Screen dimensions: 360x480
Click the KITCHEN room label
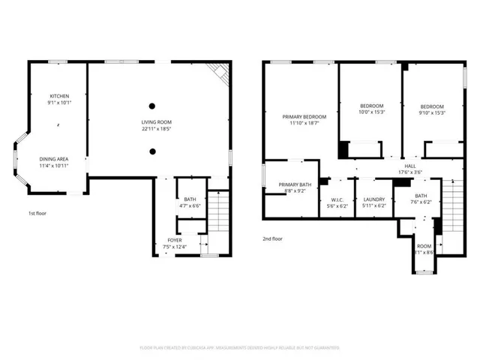[59, 96]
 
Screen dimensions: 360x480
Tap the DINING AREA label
[54, 159]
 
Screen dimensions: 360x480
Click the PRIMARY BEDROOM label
[304, 117]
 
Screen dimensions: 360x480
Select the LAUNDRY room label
[373, 199]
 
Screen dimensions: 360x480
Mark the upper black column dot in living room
[152, 106]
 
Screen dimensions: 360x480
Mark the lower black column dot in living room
[152, 151]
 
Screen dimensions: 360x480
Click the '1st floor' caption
[37, 214]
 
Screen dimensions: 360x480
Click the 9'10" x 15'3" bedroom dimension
[432, 113]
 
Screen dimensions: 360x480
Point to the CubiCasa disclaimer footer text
[239, 348]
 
